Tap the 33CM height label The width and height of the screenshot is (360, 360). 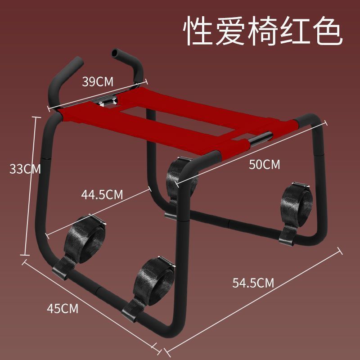coord(25,169)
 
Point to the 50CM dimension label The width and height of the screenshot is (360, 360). coord(265,165)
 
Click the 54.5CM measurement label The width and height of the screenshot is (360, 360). coord(253,283)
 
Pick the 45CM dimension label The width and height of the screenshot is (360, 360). coord(63,309)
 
